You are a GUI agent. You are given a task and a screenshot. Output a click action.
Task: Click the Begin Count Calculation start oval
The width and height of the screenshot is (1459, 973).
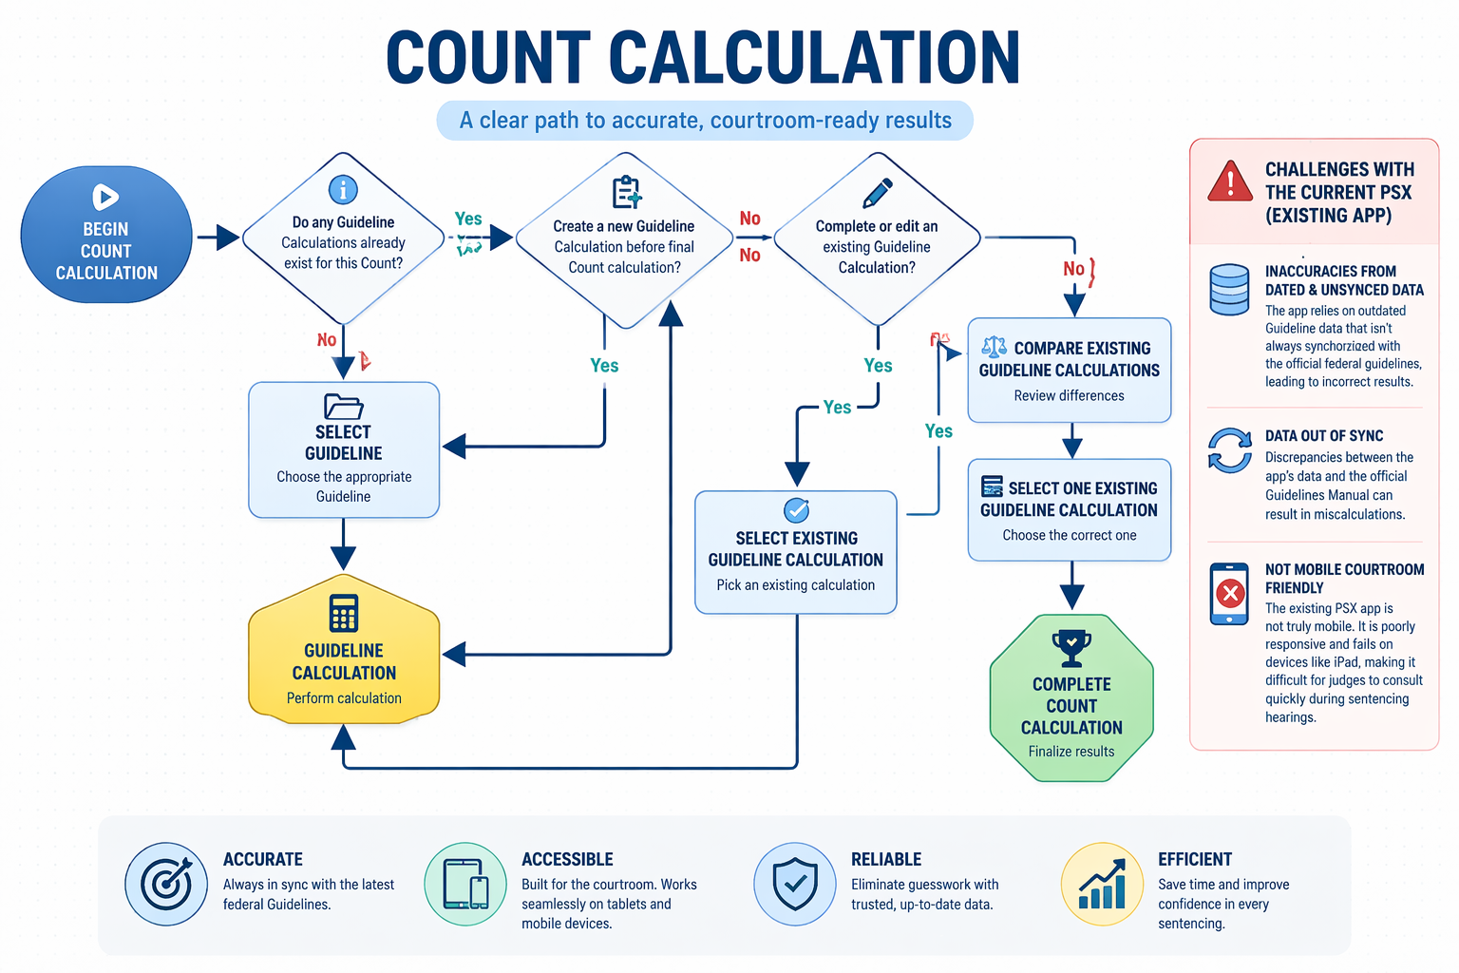(106, 236)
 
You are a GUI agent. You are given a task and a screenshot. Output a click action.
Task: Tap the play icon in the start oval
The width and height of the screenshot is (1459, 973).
(105, 197)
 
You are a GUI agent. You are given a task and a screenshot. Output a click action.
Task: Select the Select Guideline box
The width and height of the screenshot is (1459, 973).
(344, 450)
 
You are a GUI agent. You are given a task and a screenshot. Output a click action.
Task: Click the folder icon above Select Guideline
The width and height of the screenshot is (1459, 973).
(343, 407)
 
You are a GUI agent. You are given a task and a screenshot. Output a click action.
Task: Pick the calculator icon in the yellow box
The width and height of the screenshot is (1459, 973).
(344, 613)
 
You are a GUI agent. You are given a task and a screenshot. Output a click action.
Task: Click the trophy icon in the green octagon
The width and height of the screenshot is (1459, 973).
(1071, 648)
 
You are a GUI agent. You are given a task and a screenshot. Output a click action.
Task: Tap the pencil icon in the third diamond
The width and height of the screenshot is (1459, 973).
(877, 193)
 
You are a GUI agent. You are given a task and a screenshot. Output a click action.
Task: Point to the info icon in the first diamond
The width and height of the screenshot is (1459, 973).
(343, 190)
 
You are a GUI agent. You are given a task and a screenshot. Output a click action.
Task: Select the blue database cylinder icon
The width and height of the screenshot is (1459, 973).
(1229, 289)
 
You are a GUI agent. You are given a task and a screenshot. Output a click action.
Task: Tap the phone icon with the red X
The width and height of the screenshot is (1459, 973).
(1230, 594)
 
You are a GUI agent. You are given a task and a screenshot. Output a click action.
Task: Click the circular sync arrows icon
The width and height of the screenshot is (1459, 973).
(1230, 450)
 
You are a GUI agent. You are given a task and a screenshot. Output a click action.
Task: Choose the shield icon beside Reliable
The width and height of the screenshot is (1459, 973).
(795, 885)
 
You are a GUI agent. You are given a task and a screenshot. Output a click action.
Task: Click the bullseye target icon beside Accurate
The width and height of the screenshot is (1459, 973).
(166, 885)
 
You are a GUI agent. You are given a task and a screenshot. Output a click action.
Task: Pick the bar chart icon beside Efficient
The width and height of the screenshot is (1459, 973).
(1102, 885)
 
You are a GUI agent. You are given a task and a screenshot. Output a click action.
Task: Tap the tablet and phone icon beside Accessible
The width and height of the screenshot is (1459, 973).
(465, 885)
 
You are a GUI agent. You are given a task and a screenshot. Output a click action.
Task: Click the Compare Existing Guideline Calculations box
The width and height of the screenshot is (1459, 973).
(1070, 371)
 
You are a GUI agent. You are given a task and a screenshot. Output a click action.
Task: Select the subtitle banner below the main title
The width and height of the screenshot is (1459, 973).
(705, 121)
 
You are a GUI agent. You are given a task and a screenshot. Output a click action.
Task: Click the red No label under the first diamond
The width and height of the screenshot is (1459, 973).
(327, 340)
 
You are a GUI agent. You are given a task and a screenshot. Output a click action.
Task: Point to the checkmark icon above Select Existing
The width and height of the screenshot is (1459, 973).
(796, 509)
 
